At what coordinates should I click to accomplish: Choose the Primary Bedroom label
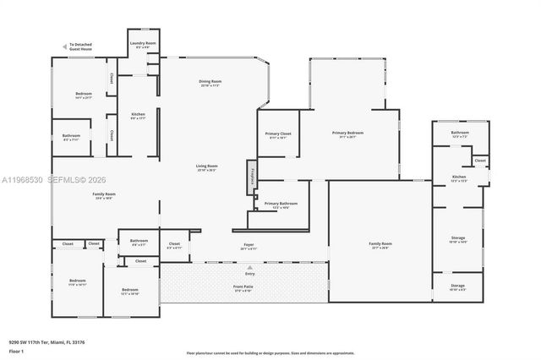point(348,134)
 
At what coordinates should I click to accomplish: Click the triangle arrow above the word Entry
point(249,266)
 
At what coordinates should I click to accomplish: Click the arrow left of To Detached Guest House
point(64,46)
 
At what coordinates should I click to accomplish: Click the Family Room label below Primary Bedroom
point(380,245)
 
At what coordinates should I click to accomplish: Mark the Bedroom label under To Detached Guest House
point(83,95)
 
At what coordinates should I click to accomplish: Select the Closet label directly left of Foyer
point(173,245)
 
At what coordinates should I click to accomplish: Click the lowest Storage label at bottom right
point(457,286)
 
